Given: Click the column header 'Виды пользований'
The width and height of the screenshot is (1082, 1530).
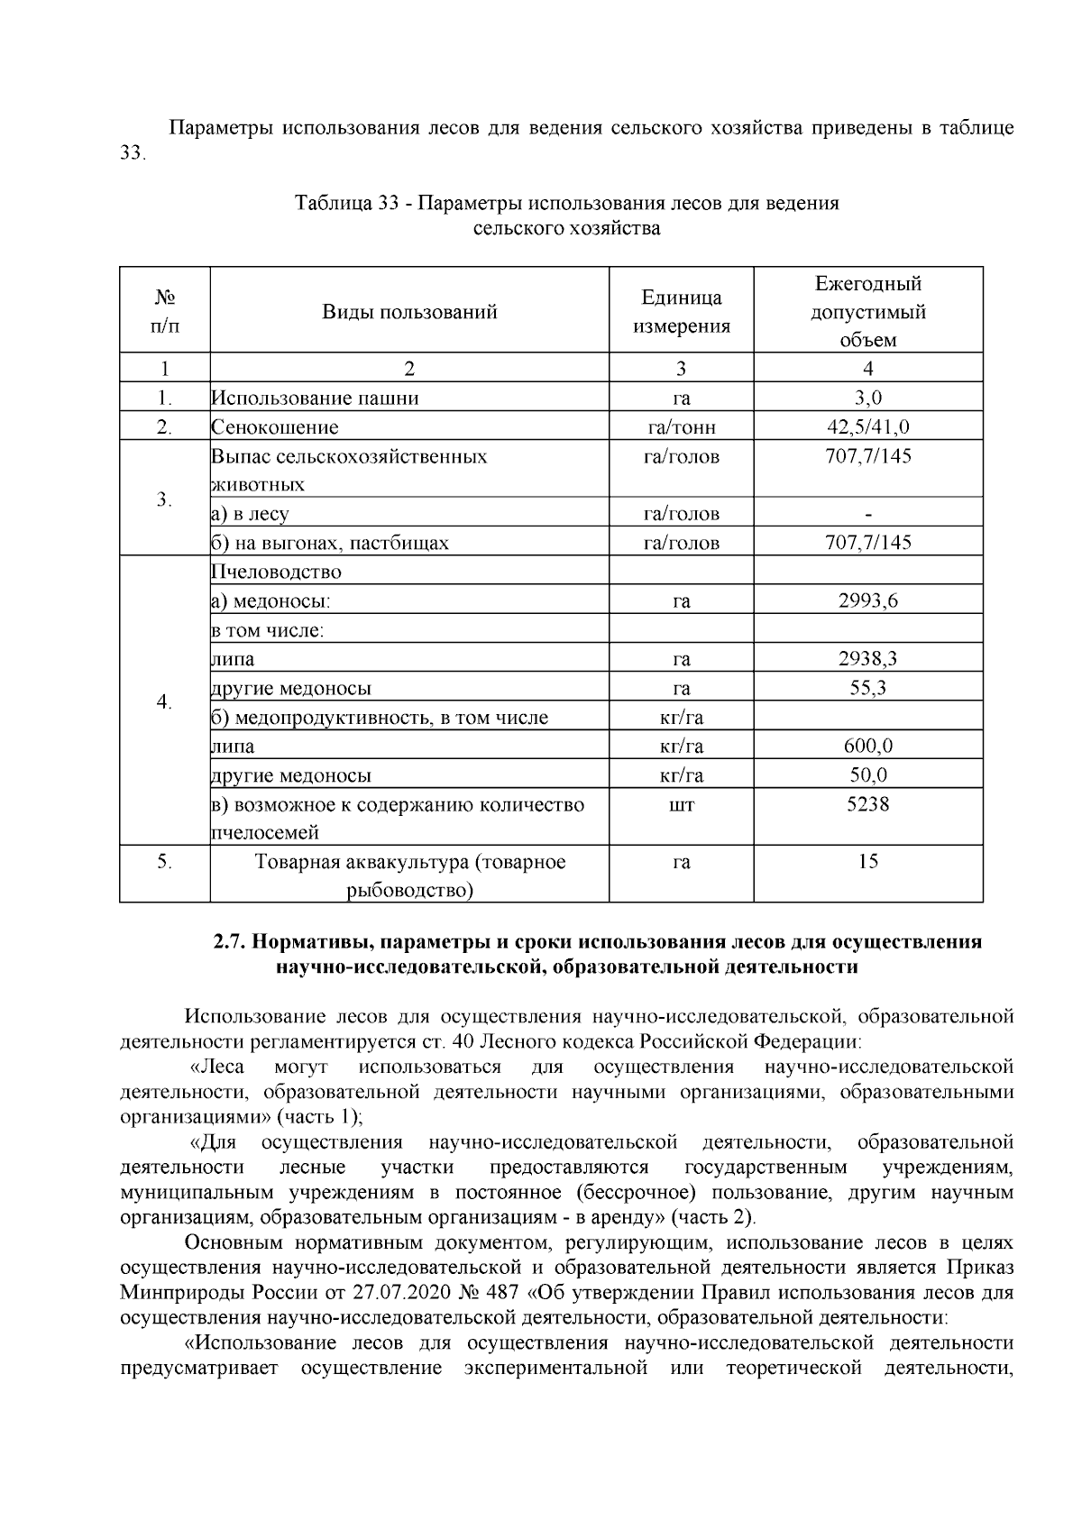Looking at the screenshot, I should [x=409, y=312].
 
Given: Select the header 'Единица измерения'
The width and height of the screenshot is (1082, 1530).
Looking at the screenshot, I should [x=681, y=312].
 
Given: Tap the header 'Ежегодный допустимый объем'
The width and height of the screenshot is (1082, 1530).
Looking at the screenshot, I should [x=867, y=312].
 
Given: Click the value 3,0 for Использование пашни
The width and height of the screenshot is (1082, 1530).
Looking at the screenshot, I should [x=867, y=398].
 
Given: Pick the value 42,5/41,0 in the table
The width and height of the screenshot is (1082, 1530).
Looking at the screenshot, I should [x=867, y=426].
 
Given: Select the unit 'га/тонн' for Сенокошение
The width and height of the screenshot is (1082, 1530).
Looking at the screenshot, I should [x=681, y=426].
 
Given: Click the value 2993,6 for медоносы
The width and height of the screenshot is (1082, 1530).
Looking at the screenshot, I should [x=867, y=600].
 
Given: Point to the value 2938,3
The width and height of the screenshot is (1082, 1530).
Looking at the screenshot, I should [x=867, y=658].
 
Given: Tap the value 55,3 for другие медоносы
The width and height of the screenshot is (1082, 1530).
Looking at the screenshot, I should [x=867, y=688].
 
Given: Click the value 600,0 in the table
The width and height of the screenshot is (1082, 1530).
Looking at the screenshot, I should [x=867, y=746].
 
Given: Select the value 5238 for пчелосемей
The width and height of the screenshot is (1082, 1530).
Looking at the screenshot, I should [x=867, y=803].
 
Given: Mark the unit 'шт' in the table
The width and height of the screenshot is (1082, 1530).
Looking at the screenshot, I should [x=681, y=803].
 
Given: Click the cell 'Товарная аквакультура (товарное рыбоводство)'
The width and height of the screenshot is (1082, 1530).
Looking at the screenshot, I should [x=409, y=875].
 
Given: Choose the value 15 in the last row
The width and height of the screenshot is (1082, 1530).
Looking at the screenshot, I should [x=867, y=861].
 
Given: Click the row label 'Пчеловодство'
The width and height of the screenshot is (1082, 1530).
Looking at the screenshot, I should [x=276, y=572].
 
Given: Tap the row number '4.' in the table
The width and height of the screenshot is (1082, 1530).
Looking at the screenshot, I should [x=164, y=701].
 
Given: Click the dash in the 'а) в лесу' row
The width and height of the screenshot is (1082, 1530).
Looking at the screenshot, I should [x=867, y=514].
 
